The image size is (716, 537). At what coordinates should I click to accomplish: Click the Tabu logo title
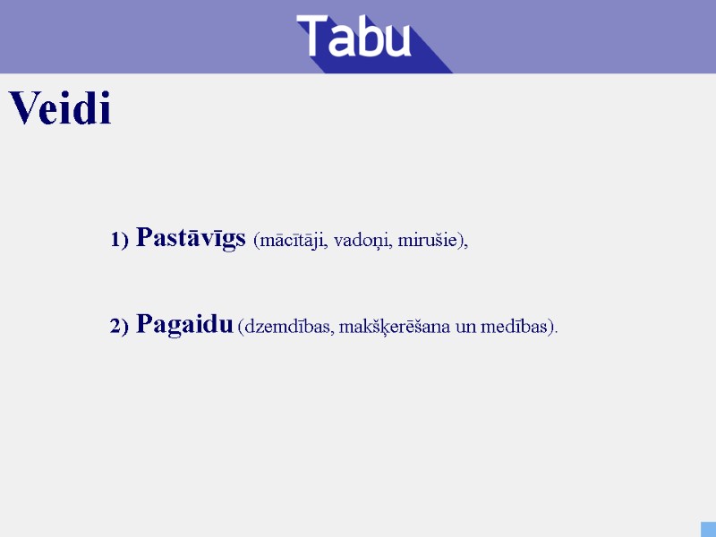coord(354,37)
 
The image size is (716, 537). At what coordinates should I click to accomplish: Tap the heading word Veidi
coord(61,109)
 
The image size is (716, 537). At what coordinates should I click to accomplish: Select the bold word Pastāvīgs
coord(191,238)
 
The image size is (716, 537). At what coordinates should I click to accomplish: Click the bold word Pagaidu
coord(185,324)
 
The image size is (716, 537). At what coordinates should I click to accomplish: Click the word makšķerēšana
coord(396,327)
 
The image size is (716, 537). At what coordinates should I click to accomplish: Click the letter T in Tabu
coord(313,36)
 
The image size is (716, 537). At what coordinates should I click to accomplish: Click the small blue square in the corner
coord(708,529)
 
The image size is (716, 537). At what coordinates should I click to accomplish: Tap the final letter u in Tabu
coord(396,40)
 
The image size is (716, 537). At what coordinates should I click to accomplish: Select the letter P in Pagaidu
coord(144,324)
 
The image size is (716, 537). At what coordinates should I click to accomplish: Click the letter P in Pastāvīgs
coord(144,238)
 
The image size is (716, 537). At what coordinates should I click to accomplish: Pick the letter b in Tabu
coord(366,37)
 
